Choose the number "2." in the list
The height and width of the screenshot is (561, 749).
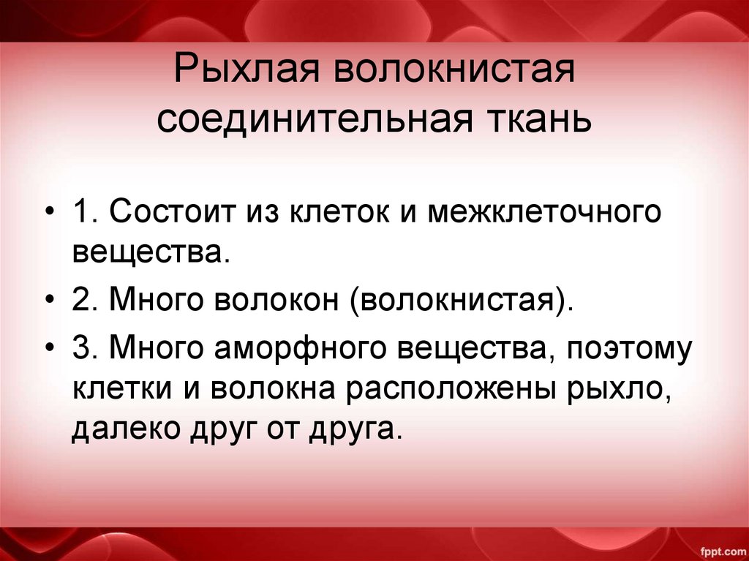(x=86, y=299)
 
